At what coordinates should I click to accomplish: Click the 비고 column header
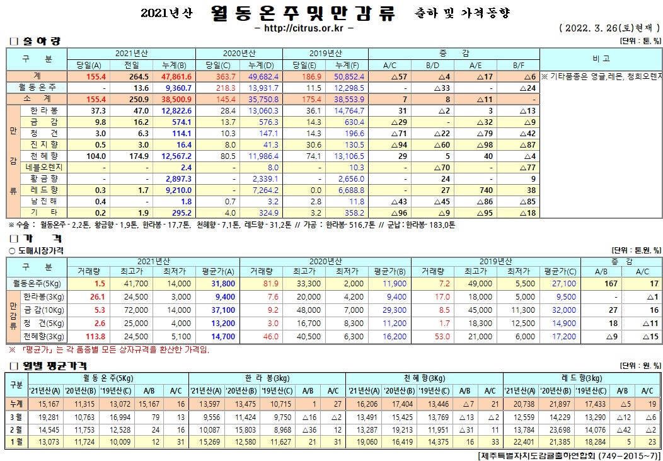point(601,58)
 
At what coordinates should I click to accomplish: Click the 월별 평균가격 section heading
point(52,366)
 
